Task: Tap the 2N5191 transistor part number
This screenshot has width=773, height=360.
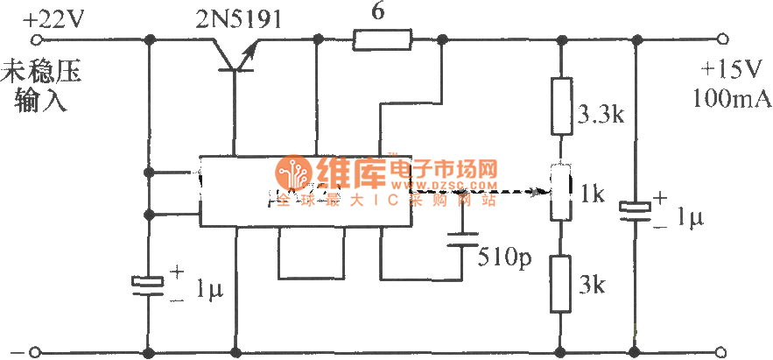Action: click(x=233, y=18)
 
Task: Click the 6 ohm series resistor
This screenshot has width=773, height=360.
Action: click(x=382, y=39)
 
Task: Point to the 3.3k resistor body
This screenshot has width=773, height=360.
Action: click(x=559, y=106)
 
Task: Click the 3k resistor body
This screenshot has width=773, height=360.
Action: click(x=559, y=283)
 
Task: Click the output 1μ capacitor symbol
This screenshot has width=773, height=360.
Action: click(x=636, y=210)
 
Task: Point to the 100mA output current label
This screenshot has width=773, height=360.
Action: click(x=732, y=98)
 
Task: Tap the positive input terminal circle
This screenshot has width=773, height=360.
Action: click(x=36, y=39)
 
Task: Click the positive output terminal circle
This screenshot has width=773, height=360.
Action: click(x=722, y=39)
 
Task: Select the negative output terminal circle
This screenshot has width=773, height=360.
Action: click(x=722, y=353)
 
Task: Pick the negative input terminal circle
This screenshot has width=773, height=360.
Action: click(x=36, y=353)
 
